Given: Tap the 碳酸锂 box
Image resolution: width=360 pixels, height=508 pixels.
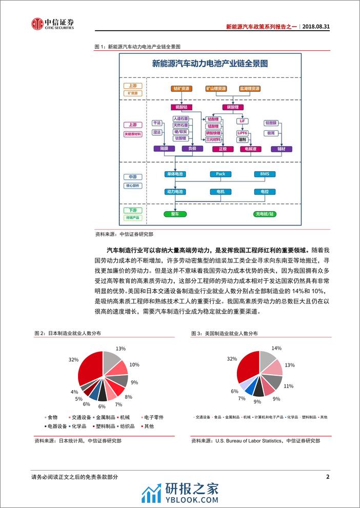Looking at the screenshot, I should tap(230, 107).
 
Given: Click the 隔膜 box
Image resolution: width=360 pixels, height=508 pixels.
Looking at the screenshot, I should tap(164, 149).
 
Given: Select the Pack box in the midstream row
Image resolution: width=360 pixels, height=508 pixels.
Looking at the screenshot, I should tap(220, 174).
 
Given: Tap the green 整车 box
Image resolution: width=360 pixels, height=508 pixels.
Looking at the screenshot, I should tap(175, 213).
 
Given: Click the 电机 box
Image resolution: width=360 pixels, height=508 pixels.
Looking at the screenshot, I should tap(220, 192).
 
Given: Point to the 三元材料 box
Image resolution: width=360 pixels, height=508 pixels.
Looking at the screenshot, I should tap(213, 139).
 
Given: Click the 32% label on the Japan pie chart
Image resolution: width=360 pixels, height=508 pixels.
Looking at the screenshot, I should tap(73, 360).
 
